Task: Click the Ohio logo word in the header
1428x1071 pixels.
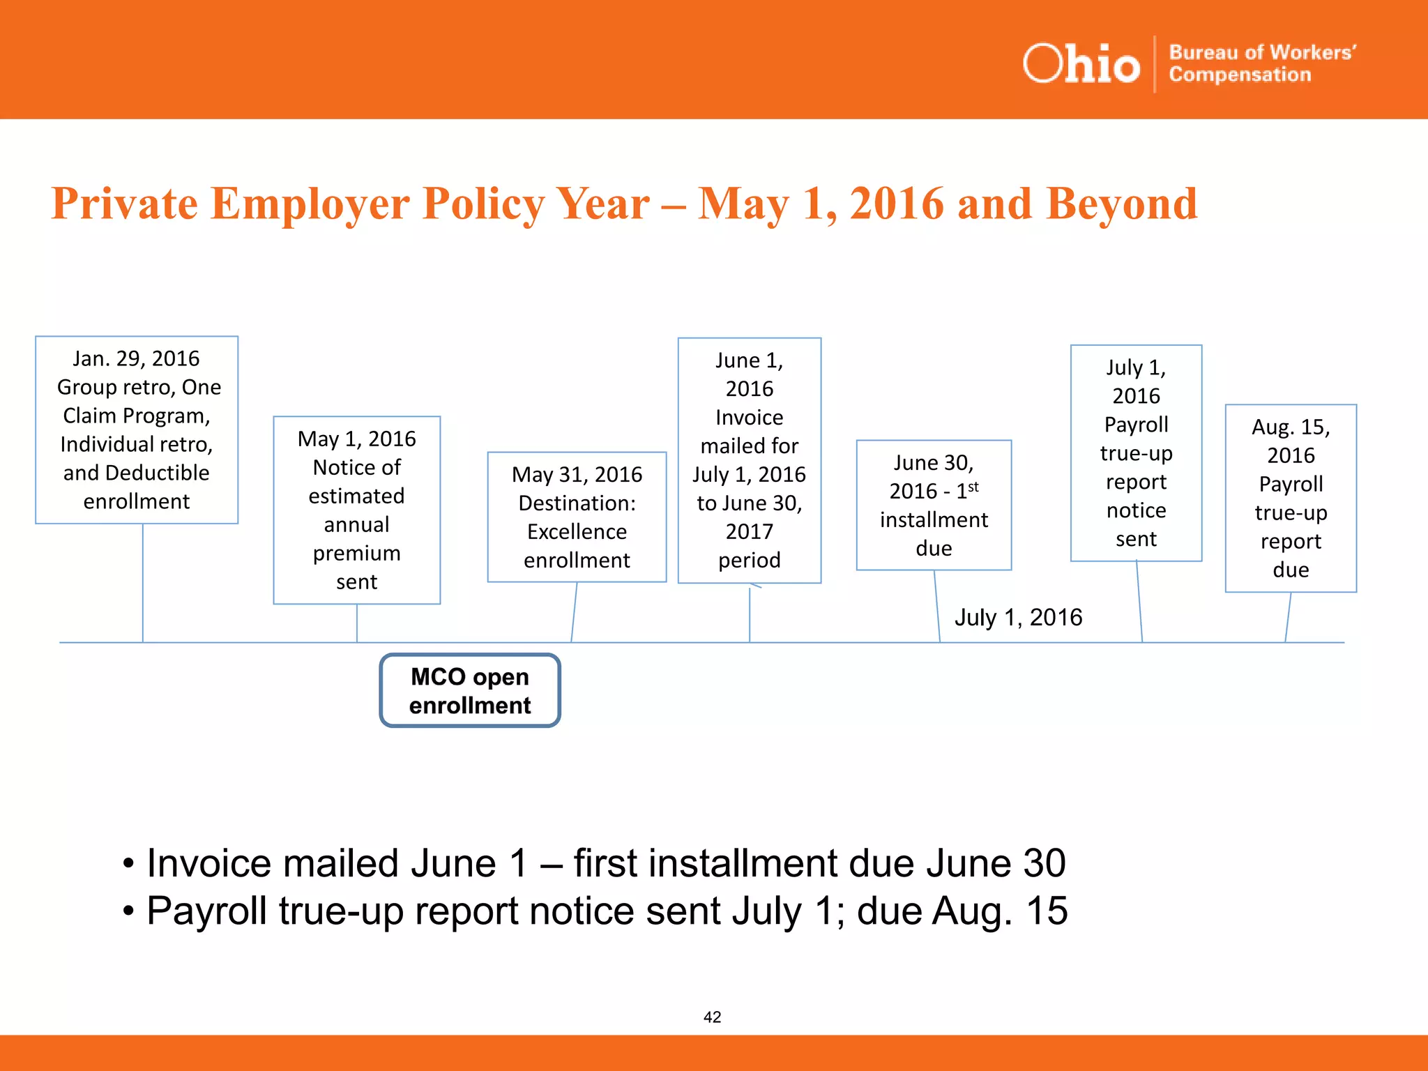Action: pos(1081,64)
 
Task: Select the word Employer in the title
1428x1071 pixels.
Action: pos(310,204)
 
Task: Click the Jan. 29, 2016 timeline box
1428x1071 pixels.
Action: pos(137,430)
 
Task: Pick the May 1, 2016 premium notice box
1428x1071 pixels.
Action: pos(356,510)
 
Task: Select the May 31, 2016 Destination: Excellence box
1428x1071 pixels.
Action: pos(577,517)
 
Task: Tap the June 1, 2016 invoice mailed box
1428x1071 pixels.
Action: pos(749,460)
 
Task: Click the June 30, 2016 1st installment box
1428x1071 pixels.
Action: pos(933,505)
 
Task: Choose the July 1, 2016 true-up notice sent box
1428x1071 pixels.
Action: pos(1136,453)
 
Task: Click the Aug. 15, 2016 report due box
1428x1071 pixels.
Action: pos(1290,498)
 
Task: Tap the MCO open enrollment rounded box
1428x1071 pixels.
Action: pos(470,690)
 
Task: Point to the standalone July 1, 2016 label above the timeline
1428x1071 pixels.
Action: pos(1018,617)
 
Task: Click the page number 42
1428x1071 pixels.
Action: pos(712,1017)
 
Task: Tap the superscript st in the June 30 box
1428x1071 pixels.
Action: pos(973,487)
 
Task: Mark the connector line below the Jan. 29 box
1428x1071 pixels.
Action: pos(143,583)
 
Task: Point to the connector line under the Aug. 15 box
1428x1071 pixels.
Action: pos(1288,617)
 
